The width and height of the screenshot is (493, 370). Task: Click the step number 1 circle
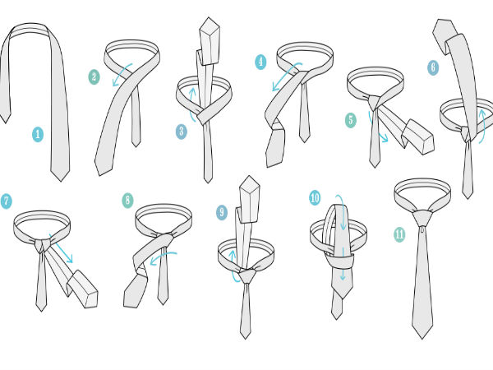pyautogui.click(x=38, y=134)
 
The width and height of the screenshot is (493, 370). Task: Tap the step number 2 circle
pyautogui.click(x=94, y=77)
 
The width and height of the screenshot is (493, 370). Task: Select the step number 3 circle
pyautogui.click(x=182, y=132)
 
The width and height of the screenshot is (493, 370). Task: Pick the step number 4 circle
pyautogui.click(x=260, y=62)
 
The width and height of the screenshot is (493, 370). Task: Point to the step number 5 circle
pyautogui.click(x=351, y=120)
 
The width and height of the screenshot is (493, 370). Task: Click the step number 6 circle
pyautogui.click(x=433, y=67)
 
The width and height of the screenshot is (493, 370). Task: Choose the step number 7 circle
pyautogui.click(x=6, y=201)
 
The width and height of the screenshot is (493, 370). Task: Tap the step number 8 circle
pyautogui.click(x=127, y=200)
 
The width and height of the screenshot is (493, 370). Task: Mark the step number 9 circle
pyautogui.click(x=222, y=212)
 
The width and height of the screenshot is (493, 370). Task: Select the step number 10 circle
pyautogui.click(x=315, y=198)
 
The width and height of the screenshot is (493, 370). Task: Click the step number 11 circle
pyautogui.click(x=399, y=234)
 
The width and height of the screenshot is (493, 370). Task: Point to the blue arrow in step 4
pyautogui.click(x=284, y=76)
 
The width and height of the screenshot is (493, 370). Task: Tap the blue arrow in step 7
pyautogui.click(x=61, y=248)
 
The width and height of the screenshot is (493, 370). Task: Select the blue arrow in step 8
pyautogui.click(x=164, y=256)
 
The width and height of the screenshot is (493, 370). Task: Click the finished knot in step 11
pyautogui.click(x=423, y=218)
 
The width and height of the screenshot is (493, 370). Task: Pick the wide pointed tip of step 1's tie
pyautogui.click(x=60, y=181)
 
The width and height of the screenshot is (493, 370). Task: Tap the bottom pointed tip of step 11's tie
pyautogui.click(x=422, y=339)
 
